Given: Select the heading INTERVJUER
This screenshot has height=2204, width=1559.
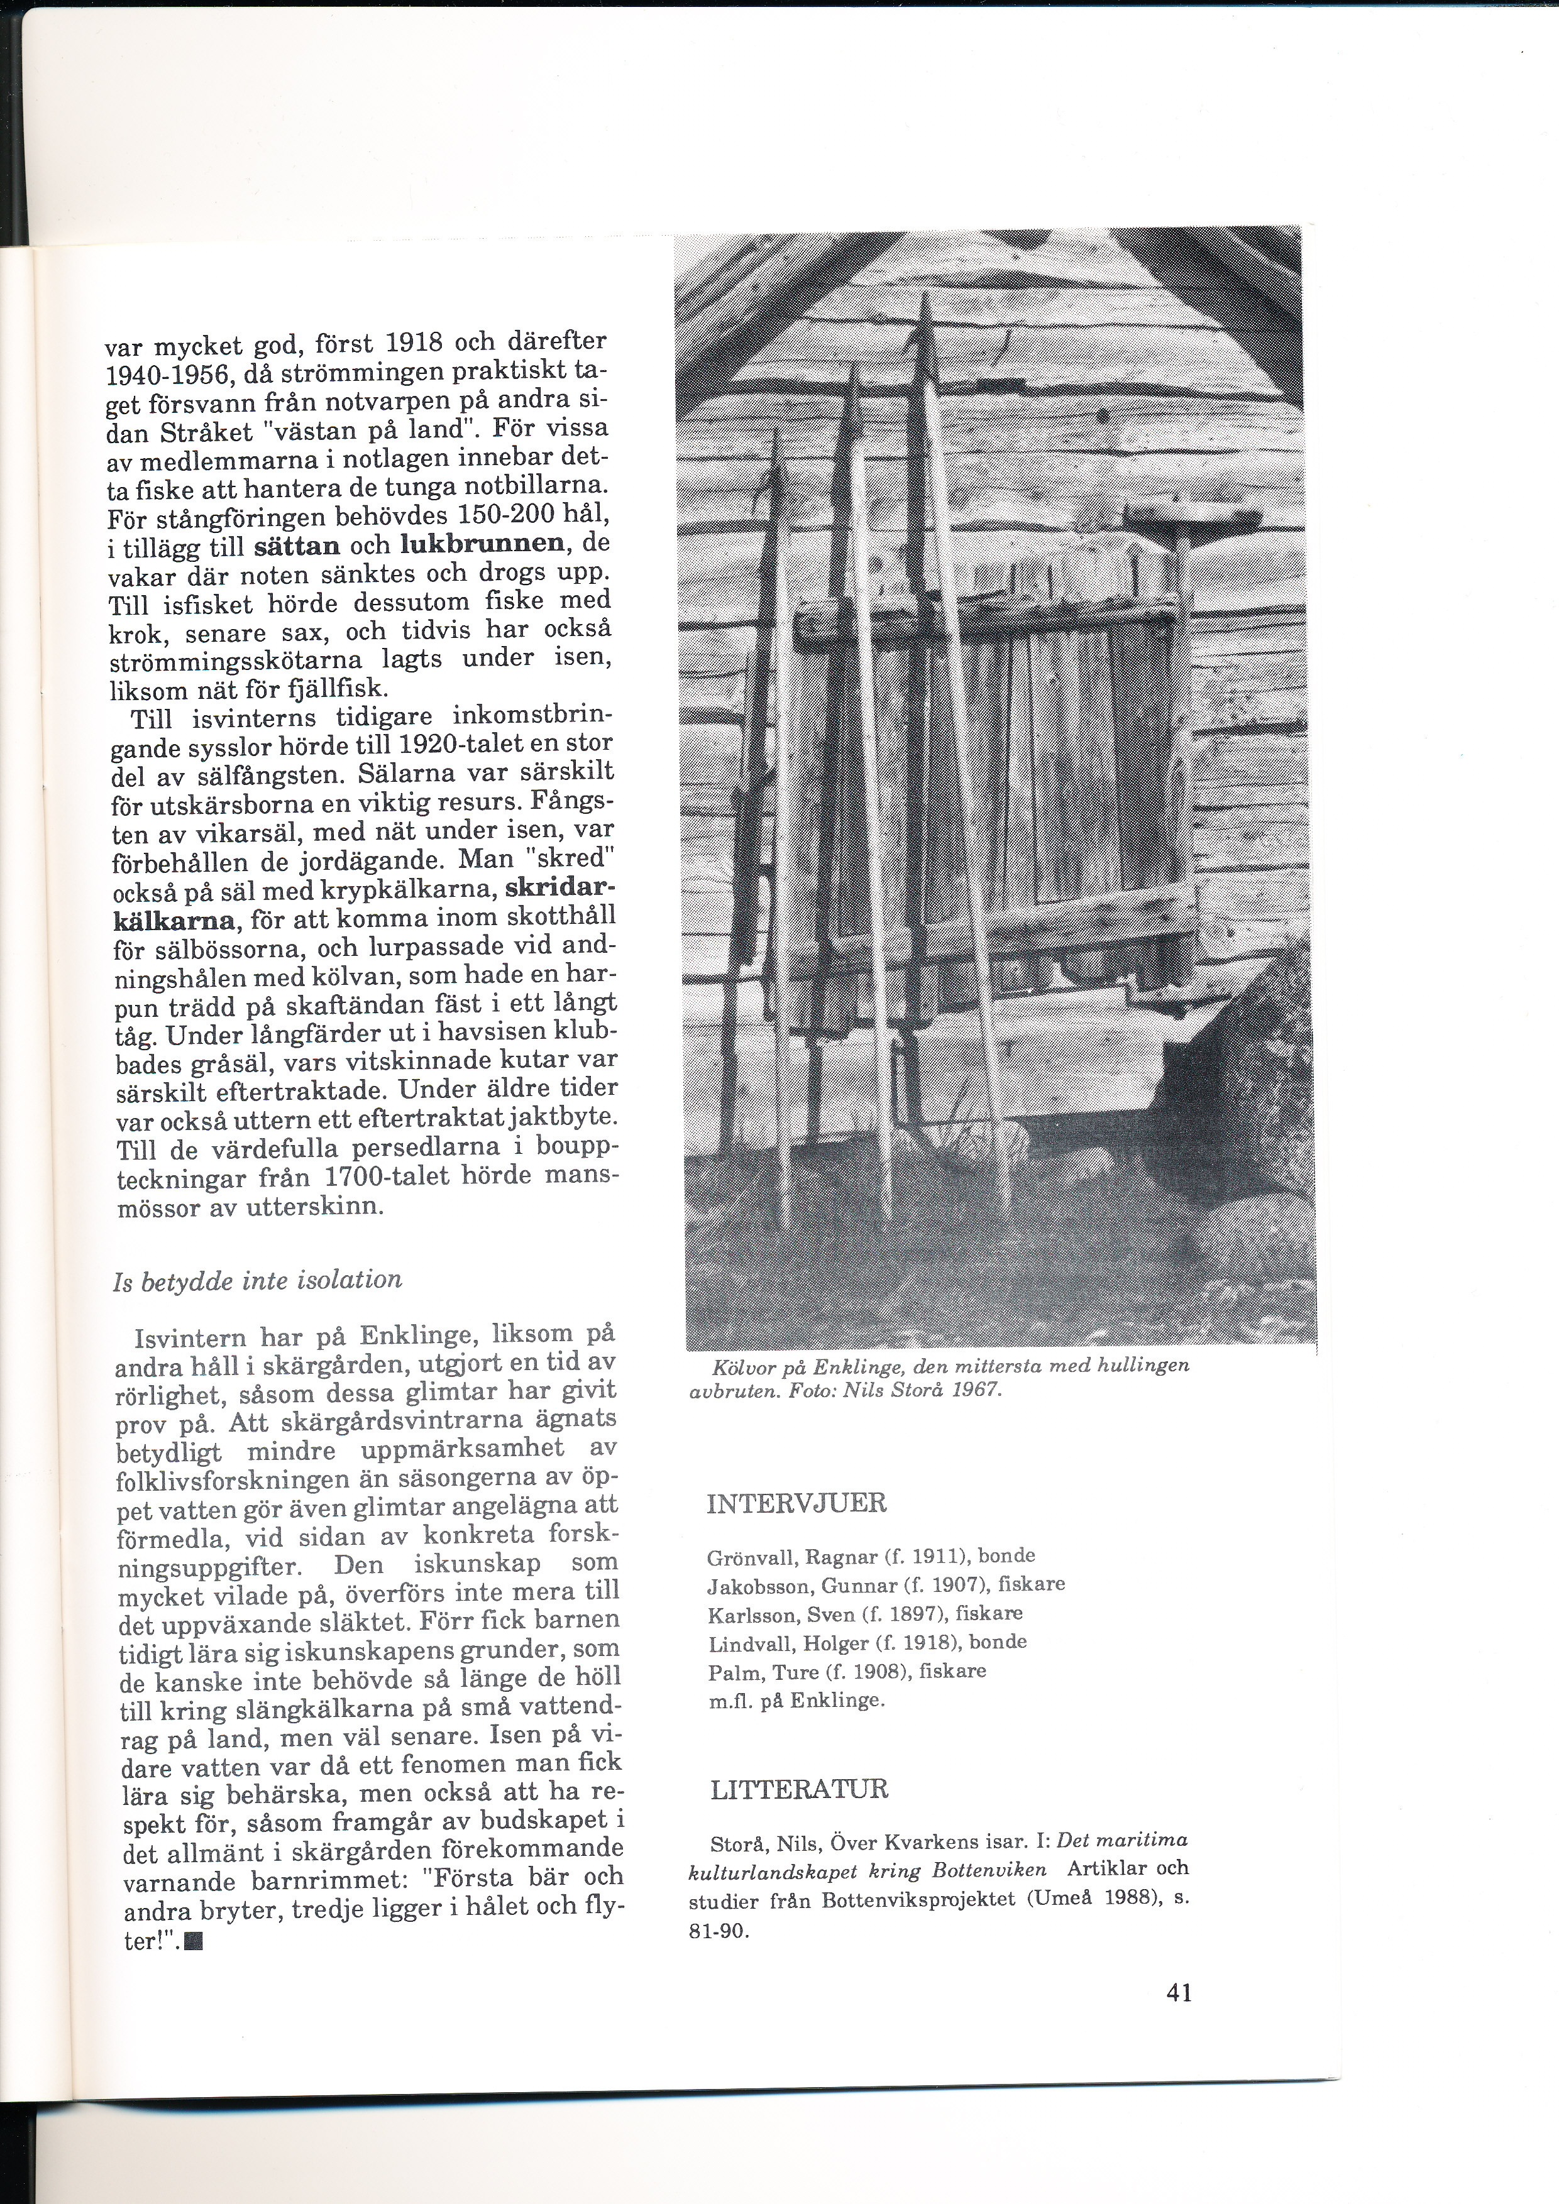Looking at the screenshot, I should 796,1503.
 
